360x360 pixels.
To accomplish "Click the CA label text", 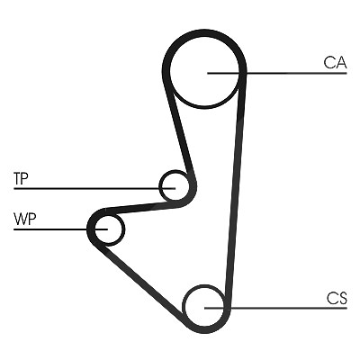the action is tap(335, 62).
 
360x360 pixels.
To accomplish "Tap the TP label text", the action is tap(21, 178).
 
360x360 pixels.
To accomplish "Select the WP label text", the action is tap(24, 220).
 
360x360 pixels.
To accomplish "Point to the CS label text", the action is tap(337, 298).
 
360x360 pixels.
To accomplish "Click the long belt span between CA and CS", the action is tap(237, 186).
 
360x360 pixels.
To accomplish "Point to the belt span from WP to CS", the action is tap(141, 281).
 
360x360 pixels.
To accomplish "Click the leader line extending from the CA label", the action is tap(277, 73).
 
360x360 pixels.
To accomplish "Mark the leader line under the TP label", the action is tap(94, 188).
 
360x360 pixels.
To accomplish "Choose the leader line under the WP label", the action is tap(60, 229).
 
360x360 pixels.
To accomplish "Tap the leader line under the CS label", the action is tap(275, 308).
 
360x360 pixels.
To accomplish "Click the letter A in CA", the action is tap(341, 62).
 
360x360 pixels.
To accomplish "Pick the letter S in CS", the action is tap(343, 298).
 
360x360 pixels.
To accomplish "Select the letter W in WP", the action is tap(20, 220).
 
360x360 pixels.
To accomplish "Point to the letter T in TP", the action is tap(17, 178).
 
